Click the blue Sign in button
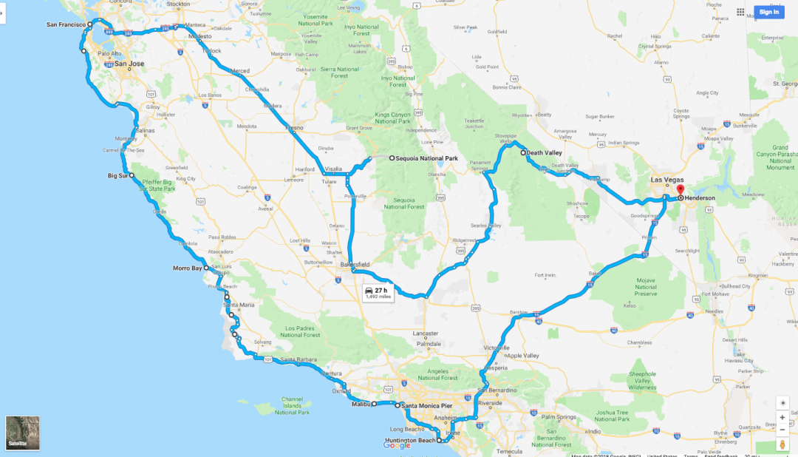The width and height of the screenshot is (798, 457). pyautogui.click(x=768, y=12)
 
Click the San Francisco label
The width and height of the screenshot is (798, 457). pyautogui.click(x=66, y=25)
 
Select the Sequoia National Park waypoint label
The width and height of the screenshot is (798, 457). pyautogui.click(x=427, y=159)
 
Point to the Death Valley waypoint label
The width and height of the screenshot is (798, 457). pyautogui.click(x=545, y=153)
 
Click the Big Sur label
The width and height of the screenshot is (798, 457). pyautogui.click(x=118, y=176)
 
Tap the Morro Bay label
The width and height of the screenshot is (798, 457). pyautogui.click(x=187, y=268)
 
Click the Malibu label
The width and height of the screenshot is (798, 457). pyautogui.click(x=361, y=404)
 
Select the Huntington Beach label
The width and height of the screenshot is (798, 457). pyautogui.click(x=410, y=441)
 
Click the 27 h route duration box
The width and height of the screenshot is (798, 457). pyautogui.click(x=378, y=294)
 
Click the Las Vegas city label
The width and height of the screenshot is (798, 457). pyautogui.click(x=666, y=180)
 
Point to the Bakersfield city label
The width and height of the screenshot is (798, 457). pyautogui.click(x=355, y=265)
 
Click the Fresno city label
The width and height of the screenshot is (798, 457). pyautogui.click(x=295, y=128)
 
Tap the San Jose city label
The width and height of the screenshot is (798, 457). pyautogui.click(x=129, y=64)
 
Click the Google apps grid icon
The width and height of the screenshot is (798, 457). pyautogui.click(x=740, y=12)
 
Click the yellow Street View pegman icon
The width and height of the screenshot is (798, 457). pyautogui.click(x=782, y=444)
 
